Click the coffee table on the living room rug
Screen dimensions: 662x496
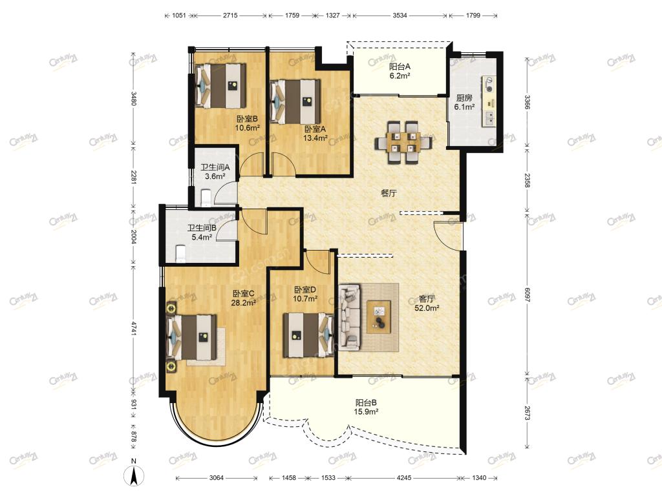(x=379, y=317)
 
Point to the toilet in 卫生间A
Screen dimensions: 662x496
(x=206, y=198)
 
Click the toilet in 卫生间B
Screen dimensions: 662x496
(x=180, y=253)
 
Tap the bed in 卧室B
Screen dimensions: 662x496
(x=221, y=86)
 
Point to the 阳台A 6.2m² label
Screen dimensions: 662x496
(x=400, y=71)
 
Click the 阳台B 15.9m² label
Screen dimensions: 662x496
(x=366, y=407)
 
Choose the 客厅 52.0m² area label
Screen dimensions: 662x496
(x=427, y=304)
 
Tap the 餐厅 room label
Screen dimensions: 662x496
(x=389, y=193)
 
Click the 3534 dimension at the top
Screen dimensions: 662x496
(x=400, y=15)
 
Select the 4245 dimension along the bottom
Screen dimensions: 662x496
(x=404, y=478)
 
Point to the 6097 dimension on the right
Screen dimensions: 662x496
(x=527, y=294)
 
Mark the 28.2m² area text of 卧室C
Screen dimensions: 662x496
(x=244, y=302)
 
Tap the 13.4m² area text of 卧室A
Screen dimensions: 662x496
(x=315, y=138)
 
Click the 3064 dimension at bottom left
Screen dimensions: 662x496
(x=216, y=478)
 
